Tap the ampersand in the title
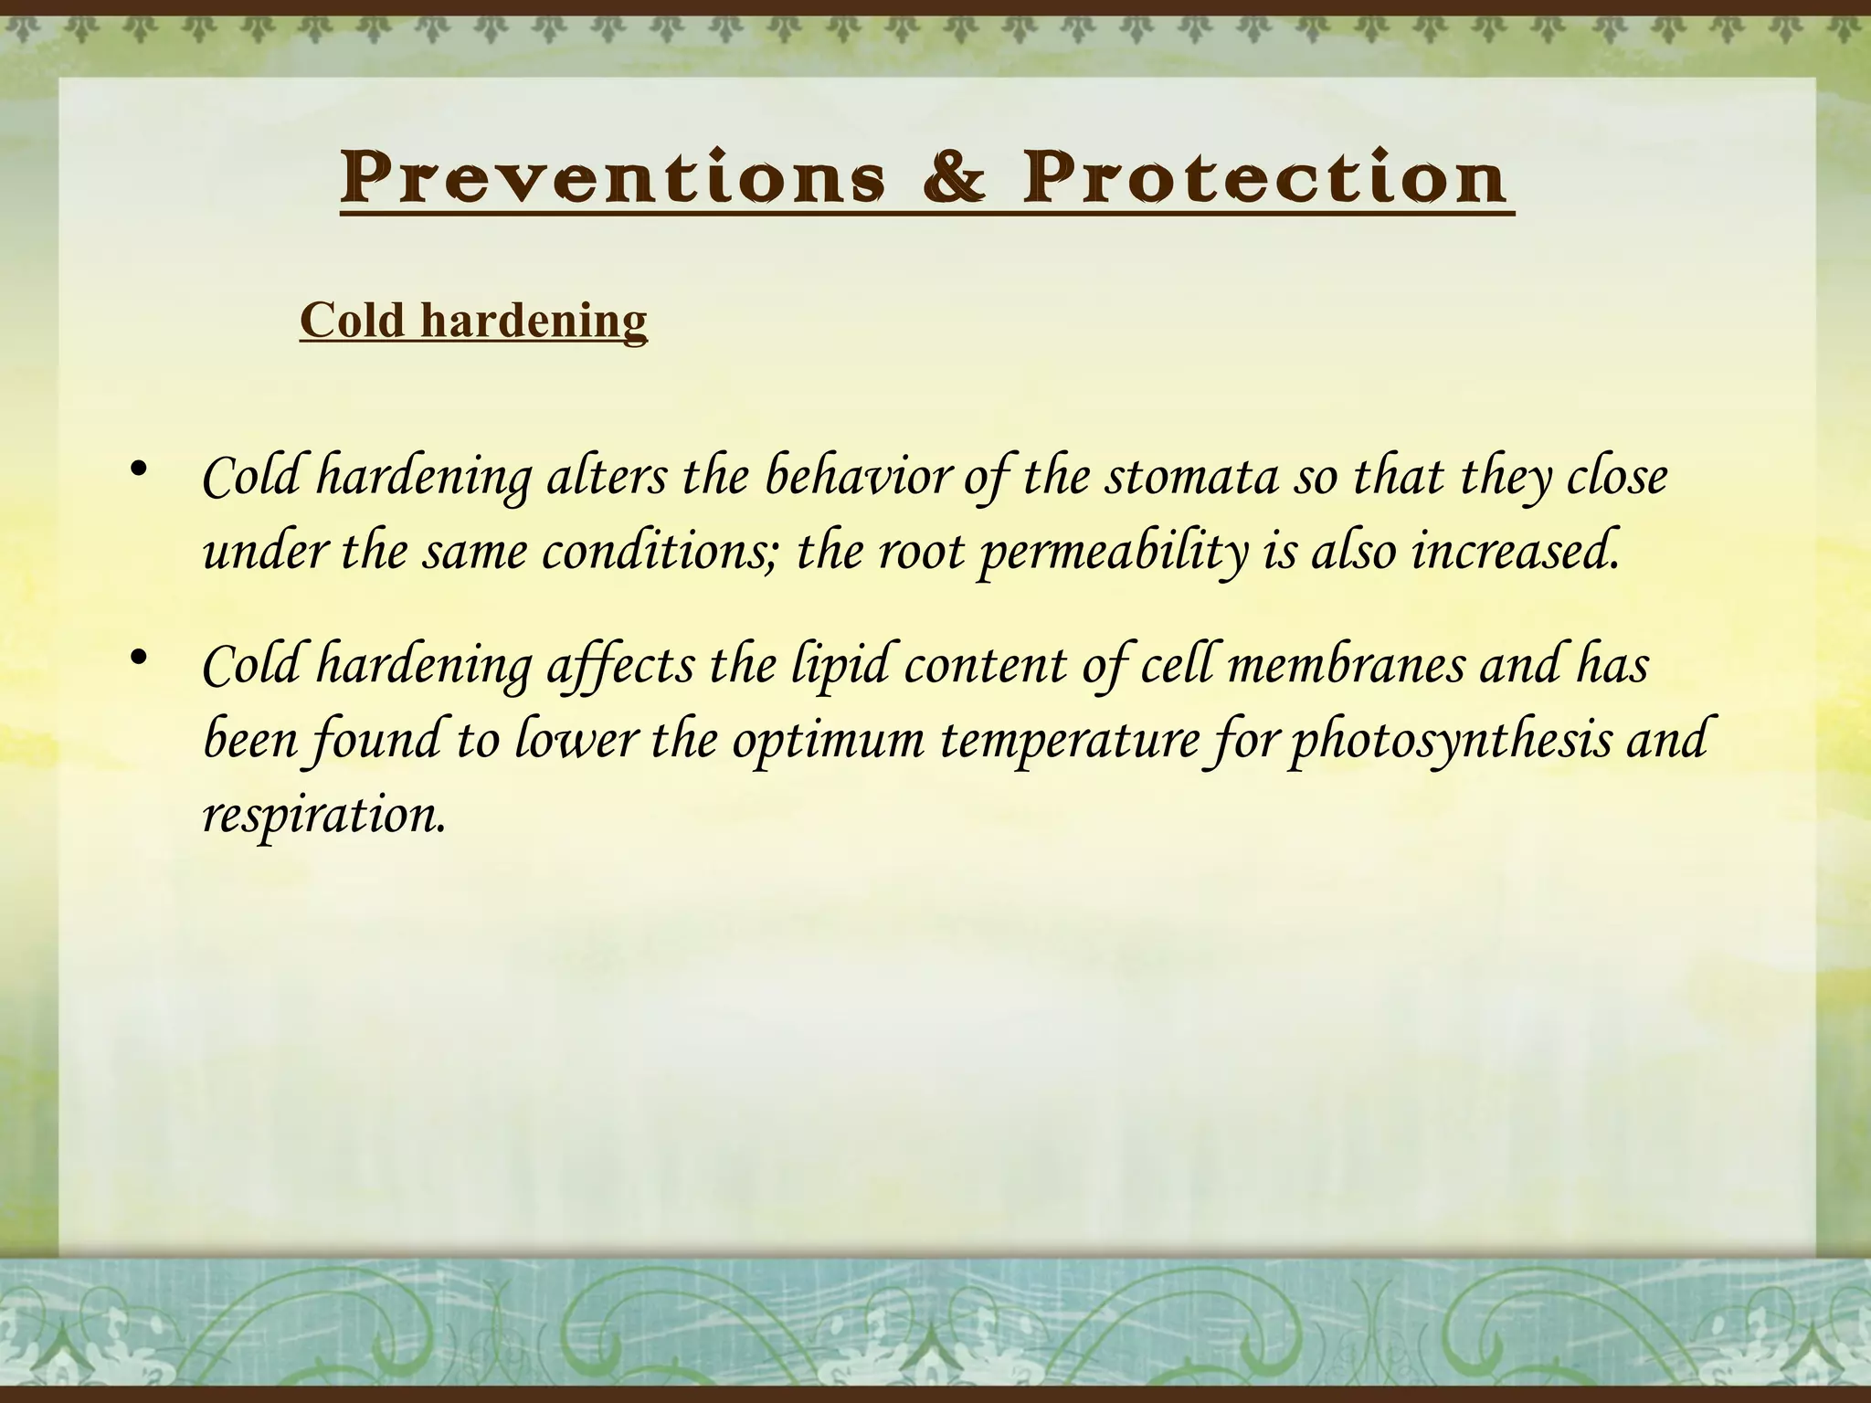click(954, 177)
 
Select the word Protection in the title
click(1264, 177)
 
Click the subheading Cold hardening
click(473, 321)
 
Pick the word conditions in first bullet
click(659, 553)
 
